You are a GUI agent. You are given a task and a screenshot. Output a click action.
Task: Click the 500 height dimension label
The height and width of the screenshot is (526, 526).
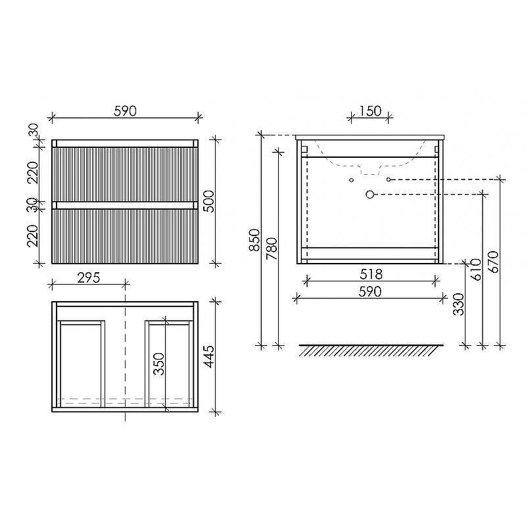click(x=208, y=201)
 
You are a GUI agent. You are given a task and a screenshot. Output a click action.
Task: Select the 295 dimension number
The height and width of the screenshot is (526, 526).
click(x=89, y=277)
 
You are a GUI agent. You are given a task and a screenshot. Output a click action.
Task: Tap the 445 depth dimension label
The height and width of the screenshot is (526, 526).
click(x=208, y=356)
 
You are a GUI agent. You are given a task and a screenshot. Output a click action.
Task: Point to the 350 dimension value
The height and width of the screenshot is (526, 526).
click(x=158, y=364)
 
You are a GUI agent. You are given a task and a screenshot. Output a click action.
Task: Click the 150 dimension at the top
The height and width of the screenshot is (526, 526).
click(x=370, y=111)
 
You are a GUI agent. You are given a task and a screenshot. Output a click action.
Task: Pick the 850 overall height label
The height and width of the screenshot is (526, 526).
click(x=254, y=240)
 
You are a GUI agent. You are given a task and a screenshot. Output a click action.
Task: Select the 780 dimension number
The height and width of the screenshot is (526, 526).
click(x=272, y=249)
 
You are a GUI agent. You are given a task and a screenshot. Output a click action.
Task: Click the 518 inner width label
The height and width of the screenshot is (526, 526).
click(x=371, y=274)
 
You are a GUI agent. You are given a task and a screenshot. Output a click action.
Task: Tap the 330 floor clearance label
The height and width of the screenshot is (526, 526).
click(x=458, y=304)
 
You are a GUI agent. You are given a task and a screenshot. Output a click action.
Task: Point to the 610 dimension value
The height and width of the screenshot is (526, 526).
click(x=476, y=270)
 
